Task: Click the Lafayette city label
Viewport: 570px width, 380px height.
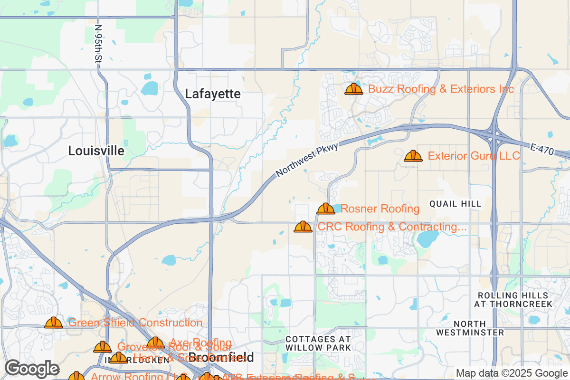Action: point(212,94)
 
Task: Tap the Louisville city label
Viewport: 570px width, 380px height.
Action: point(96,151)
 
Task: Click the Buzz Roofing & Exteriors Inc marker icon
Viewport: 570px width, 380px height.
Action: point(353,89)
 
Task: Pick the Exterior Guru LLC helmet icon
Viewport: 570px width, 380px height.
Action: point(413,156)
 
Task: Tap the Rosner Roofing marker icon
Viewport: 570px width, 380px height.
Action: point(325,209)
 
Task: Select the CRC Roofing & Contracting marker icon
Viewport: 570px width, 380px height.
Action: point(303,227)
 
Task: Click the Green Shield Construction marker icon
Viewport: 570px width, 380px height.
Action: point(54,323)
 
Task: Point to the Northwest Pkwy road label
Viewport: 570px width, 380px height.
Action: point(307,161)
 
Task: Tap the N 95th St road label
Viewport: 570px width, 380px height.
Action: point(98,44)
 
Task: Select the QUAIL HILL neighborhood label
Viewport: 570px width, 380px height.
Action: point(455,204)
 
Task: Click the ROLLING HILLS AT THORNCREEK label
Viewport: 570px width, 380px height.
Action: point(513,299)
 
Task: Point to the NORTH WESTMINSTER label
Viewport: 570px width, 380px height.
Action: point(470,328)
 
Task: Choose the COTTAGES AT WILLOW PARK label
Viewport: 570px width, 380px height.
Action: point(318,343)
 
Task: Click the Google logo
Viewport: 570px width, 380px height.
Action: point(32,369)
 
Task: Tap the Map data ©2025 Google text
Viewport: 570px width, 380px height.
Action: point(512,373)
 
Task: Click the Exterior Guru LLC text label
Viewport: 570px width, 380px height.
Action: point(474,156)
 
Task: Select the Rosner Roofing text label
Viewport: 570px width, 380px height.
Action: point(380,209)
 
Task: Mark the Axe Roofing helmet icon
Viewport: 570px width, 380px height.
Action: point(155,343)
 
